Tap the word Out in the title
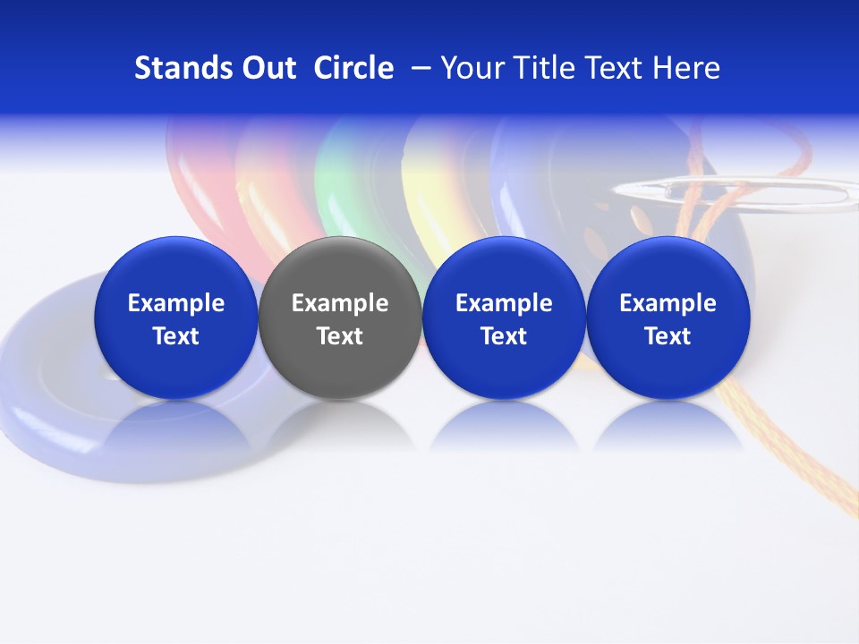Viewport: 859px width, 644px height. click(x=266, y=68)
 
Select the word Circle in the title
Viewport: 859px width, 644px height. click(x=353, y=68)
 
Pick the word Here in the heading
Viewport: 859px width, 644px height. click(x=686, y=68)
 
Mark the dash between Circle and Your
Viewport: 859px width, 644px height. click(x=418, y=68)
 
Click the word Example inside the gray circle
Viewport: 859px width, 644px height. click(x=340, y=303)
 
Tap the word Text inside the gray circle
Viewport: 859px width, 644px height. click(x=340, y=336)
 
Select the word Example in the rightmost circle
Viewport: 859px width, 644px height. click(x=668, y=303)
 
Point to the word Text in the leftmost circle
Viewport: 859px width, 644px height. click(x=175, y=336)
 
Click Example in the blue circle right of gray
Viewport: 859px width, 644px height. click(x=504, y=303)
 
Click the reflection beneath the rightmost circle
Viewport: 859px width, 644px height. click(x=668, y=429)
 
